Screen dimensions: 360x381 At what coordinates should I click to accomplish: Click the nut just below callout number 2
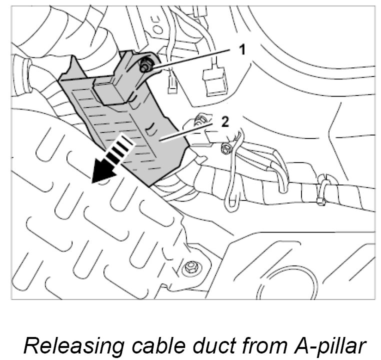(x=225, y=148)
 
